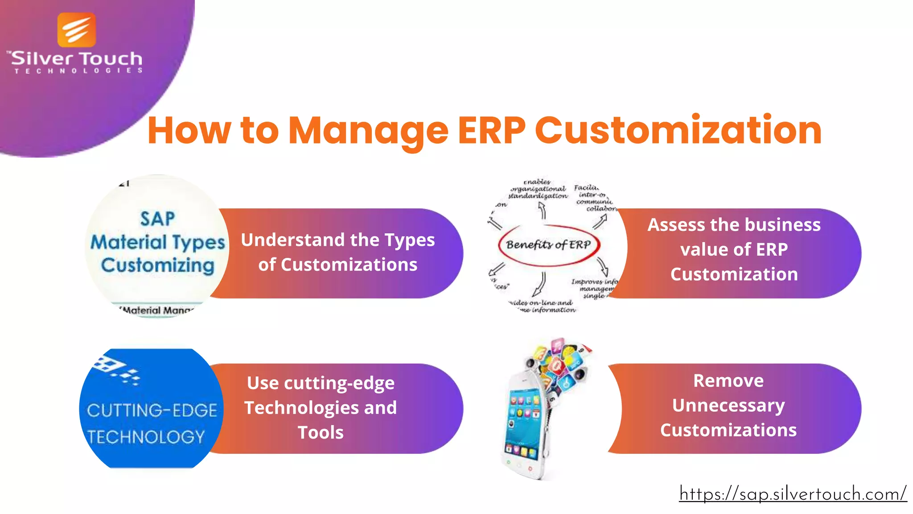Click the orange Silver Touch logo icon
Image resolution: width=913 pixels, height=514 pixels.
pyautogui.click(x=77, y=30)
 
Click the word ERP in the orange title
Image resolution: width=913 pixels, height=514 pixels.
pyautogui.click(x=492, y=130)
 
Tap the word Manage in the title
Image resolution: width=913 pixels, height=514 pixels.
pyautogui.click(x=368, y=131)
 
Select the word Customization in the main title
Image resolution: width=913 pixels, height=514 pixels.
pyautogui.click(x=678, y=130)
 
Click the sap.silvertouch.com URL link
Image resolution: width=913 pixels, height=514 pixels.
pyautogui.click(x=793, y=494)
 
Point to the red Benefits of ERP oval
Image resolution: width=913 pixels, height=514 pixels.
pyautogui.click(x=549, y=245)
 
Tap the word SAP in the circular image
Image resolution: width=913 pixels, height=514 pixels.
pyautogui.click(x=157, y=219)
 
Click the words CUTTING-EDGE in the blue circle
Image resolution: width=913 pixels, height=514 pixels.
pyautogui.click(x=152, y=410)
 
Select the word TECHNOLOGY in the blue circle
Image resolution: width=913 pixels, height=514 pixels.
pyautogui.click(x=146, y=437)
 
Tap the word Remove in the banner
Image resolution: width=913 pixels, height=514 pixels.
pyautogui.click(x=728, y=381)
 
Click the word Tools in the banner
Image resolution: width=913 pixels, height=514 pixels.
pyautogui.click(x=321, y=432)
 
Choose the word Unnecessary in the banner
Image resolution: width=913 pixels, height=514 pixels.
pyautogui.click(x=728, y=406)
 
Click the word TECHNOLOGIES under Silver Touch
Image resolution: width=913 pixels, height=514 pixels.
pyautogui.click(x=78, y=71)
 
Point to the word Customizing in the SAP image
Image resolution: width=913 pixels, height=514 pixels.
pyautogui.click(x=158, y=265)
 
